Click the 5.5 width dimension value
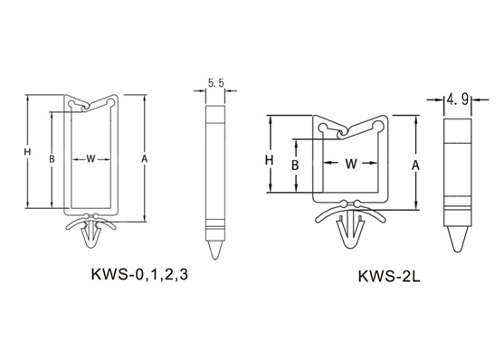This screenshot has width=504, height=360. tap(215, 83)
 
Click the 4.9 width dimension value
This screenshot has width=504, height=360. tap(457, 99)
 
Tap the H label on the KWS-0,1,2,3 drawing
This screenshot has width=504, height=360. tap(27, 151)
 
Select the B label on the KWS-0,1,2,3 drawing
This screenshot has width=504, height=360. tap(52, 159)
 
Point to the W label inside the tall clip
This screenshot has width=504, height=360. tap(91, 158)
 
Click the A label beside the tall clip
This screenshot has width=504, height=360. tap(145, 158)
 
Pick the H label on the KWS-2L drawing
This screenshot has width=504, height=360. tap(270, 160)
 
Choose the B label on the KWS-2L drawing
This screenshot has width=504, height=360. tap(295, 166)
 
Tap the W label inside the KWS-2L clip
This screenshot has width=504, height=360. tap(351, 164)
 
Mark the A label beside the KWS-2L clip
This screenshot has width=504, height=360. tap(416, 166)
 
